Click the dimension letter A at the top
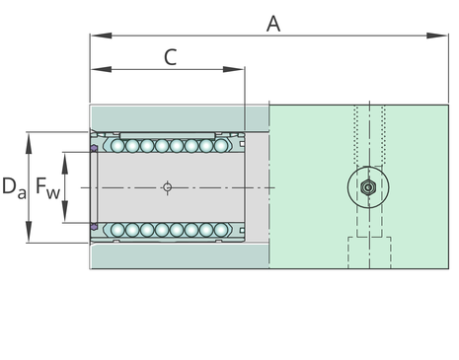273,24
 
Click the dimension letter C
171,57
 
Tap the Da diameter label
14,187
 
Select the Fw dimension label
47,187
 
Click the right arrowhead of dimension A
437,36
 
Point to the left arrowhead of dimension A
101,36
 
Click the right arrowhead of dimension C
234,69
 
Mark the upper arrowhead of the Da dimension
29,143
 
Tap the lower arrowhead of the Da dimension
29,232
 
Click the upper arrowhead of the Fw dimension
65,164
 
